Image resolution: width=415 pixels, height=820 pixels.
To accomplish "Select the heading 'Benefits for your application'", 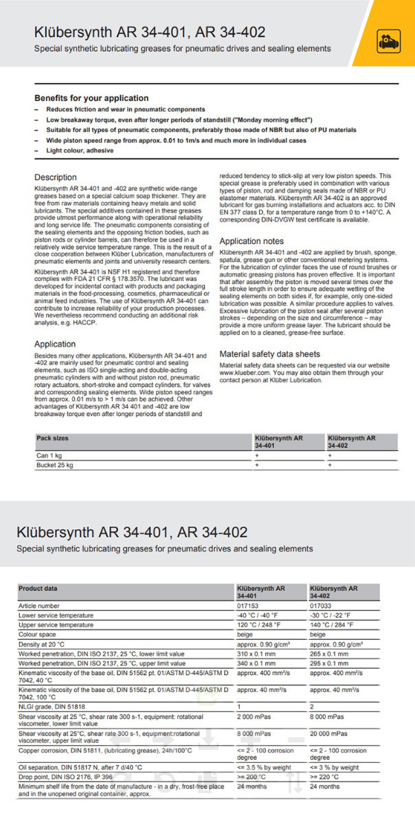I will point(91,98).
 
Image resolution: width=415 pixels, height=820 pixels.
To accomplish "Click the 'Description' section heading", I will point(56,177).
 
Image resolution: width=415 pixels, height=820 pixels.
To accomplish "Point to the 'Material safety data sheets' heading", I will point(269,354).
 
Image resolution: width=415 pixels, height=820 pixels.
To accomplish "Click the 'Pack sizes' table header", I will point(52,438).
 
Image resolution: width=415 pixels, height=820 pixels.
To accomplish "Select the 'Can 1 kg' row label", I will point(50,455).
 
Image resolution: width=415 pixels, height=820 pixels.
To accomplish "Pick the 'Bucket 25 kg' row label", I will point(55,465).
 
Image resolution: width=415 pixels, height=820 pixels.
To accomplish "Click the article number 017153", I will point(248,606).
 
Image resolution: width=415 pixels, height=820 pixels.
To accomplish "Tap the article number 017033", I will point(321,606).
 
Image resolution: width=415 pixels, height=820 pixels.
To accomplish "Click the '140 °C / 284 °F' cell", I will point(333,625).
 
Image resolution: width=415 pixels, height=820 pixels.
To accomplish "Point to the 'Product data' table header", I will point(38,588).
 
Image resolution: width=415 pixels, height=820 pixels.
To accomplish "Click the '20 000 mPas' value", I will point(329,733).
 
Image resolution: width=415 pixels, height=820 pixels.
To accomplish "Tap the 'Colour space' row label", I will point(38,634).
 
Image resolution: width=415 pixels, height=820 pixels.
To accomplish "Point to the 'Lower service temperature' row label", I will point(56,615).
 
